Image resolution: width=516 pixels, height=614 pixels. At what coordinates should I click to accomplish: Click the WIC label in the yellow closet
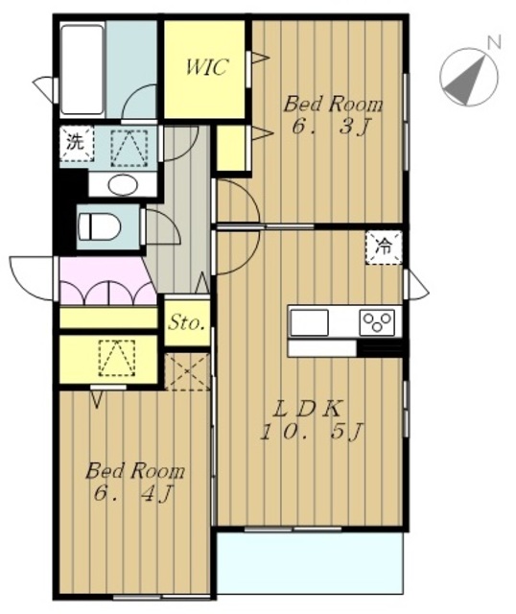205,67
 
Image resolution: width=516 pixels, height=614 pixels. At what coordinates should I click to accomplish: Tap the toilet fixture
99,226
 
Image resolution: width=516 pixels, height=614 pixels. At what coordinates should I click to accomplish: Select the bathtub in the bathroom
82,70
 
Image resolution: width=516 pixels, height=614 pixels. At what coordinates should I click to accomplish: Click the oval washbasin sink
123,185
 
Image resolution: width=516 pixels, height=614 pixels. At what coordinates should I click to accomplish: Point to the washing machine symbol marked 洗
77,143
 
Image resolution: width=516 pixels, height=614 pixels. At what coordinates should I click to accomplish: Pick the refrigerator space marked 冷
384,248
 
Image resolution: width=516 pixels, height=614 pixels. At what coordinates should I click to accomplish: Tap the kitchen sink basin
309,322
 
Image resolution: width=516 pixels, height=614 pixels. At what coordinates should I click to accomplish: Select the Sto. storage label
187,323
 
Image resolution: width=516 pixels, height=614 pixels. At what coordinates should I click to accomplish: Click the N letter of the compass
494,42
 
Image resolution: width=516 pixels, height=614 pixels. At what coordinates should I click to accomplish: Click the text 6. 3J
331,128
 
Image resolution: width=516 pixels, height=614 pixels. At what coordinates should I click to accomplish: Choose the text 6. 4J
133,495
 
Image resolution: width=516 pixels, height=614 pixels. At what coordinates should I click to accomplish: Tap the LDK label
307,410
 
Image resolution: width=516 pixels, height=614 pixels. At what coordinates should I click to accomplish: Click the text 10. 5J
312,432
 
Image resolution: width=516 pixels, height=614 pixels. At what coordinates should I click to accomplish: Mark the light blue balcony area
310,562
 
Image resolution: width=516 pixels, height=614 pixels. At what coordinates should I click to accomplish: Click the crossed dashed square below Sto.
187,371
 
